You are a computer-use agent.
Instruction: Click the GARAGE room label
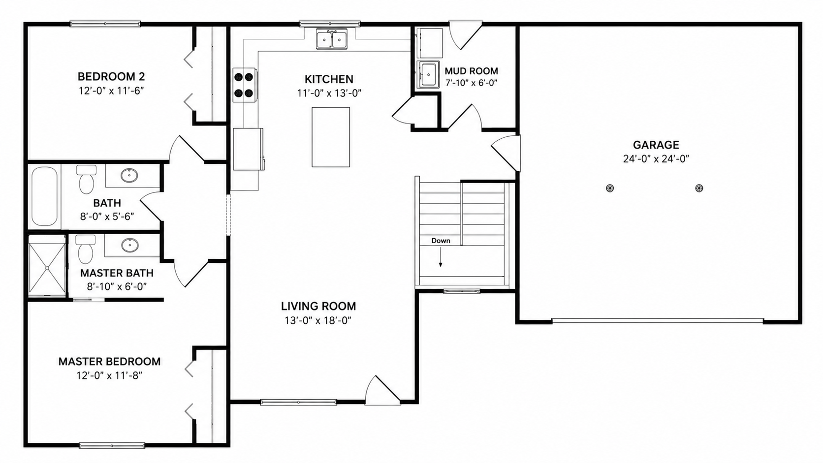tap(656, 145)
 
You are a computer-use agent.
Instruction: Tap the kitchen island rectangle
tap(331, 137)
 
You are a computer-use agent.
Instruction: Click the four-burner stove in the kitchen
tap(244, 85)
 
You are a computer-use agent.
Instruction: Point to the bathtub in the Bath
tap(44, 196)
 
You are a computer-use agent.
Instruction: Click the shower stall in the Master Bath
tap(47, 268)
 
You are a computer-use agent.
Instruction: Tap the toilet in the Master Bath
tap(86, 249)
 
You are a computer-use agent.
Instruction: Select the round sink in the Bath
tap(129, 176)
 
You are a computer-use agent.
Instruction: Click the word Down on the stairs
tap(441, 241)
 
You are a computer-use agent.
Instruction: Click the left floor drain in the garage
tap(609, 188)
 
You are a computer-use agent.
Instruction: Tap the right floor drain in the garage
tap(699, 188)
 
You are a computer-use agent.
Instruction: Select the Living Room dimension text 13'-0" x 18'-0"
tap(318, 320)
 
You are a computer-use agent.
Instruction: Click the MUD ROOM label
tap(472, 71)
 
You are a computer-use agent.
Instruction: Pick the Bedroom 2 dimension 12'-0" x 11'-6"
tap(111, 91)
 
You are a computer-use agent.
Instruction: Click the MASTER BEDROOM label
tap(109, 362)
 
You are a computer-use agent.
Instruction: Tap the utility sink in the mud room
tap(428, 74)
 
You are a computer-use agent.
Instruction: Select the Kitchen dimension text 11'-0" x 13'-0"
tap(329, 93)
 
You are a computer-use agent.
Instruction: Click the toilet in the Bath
tap(86, 180)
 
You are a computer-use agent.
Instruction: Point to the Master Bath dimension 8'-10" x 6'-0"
tap(117, 286)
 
